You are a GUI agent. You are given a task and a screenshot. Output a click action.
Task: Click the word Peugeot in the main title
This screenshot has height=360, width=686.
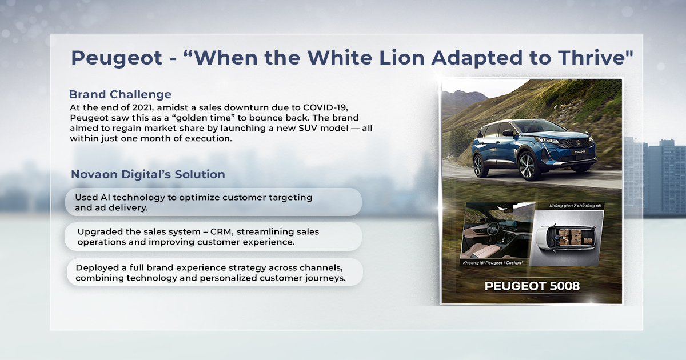click(117, 58)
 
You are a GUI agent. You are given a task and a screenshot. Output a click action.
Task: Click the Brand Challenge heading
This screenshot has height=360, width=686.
click(120, 94)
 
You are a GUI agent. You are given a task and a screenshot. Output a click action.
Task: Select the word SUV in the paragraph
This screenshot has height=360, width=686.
click(308, 128)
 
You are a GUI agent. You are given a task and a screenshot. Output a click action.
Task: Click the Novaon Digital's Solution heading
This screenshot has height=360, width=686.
click(148, 174)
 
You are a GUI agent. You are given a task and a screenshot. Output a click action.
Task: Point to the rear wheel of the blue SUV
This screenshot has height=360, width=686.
click(480, 165)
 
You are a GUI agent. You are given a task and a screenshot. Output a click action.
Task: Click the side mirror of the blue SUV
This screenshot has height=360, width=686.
click(508, 133)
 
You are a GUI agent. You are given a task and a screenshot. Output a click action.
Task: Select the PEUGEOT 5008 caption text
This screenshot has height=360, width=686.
click(532, 286)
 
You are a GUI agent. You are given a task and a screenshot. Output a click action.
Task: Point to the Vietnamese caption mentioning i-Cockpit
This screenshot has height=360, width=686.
click(492, 263)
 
